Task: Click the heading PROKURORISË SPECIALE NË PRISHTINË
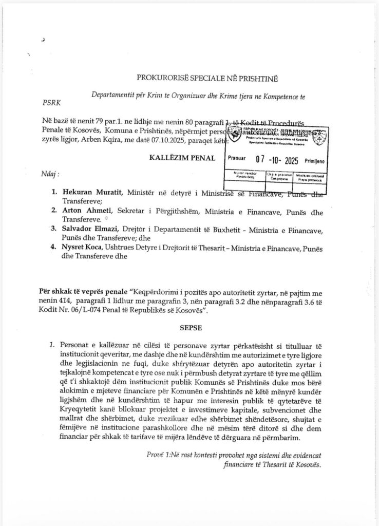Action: tap(206, 78)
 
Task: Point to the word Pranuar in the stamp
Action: tap(237, 160)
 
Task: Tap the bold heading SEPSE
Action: tap(190, 326)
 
